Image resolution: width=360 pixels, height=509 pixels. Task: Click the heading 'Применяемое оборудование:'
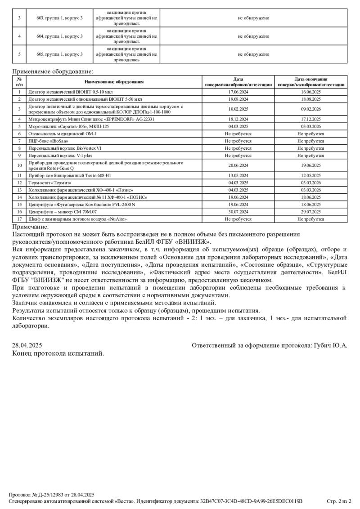(x=53, y=71)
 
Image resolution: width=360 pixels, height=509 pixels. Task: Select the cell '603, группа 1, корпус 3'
(x=59, y=18)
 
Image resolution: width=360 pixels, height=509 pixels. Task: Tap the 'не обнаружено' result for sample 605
(x=253, y=54)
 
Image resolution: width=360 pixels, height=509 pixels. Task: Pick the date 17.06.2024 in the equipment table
(x=238, y=91)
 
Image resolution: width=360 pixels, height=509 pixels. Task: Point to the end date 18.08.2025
(x=310, y=98)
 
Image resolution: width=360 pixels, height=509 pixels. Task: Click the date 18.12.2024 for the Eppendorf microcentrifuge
(x=238, y=119)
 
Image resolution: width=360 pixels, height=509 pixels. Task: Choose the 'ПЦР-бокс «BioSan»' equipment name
(x=45, y=141)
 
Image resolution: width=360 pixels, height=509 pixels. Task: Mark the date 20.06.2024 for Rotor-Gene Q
(x=238, y=165)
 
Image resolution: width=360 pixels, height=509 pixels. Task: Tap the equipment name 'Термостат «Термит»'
(x=49, y=183)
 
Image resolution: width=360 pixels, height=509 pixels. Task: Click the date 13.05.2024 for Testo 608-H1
(x=238, y=175)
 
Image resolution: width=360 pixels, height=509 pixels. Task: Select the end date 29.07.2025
(x=310, y=211)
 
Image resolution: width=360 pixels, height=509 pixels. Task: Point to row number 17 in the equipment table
(x=19, y=219)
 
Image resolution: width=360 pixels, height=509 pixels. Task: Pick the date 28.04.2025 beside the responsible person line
(x=27, y=345)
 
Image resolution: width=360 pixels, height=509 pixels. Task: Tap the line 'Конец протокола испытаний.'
(x=58, y=353)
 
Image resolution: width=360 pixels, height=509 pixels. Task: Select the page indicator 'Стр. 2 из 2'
(x=338, y=501)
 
